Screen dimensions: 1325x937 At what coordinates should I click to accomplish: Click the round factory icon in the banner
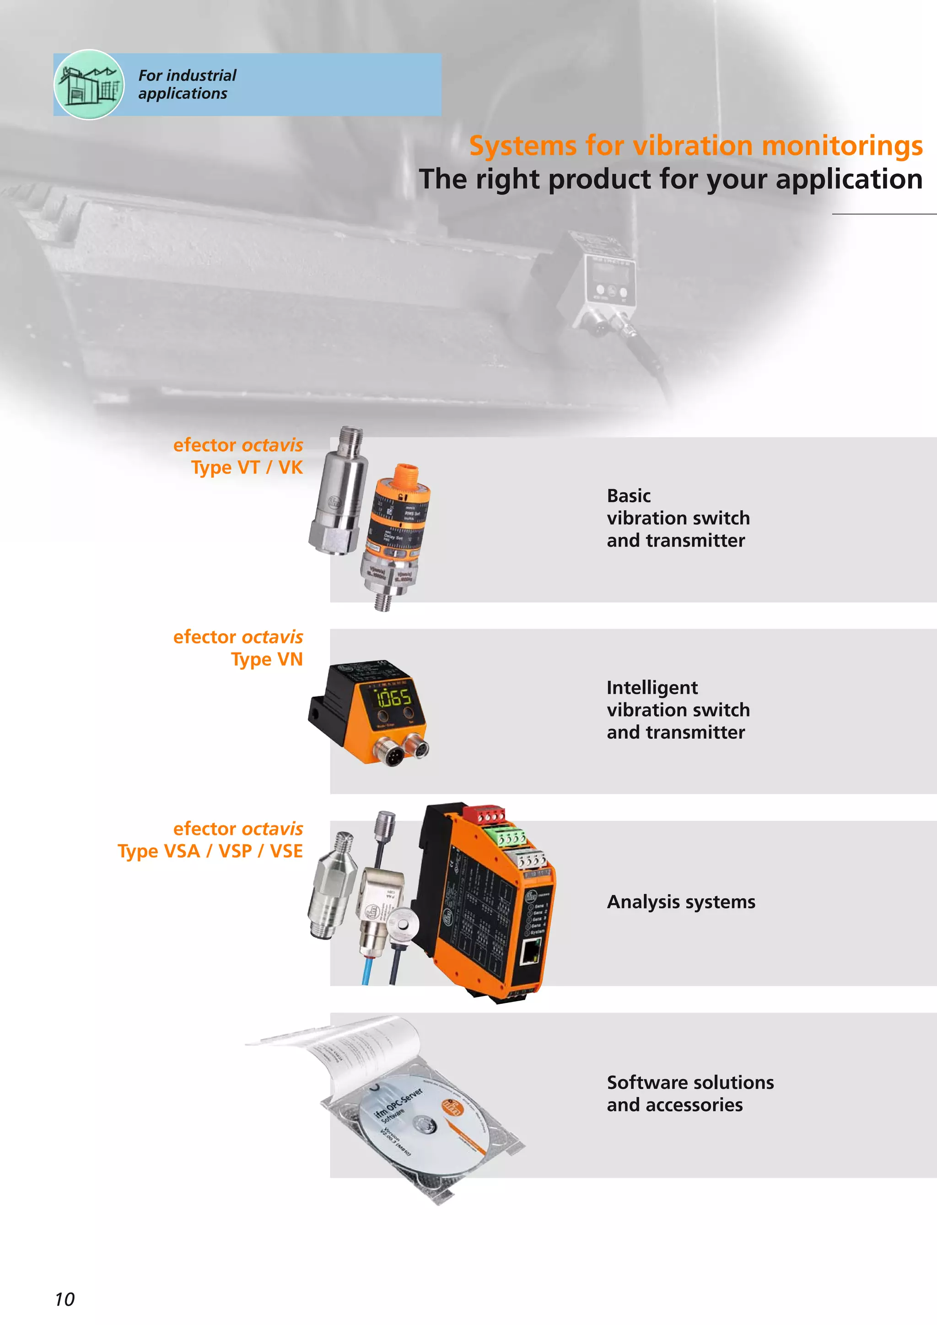tap(89, 85)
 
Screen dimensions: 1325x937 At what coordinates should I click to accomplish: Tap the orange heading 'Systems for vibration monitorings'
tap(695, 145)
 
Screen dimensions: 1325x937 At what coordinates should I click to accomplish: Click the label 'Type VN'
tap(267, 659)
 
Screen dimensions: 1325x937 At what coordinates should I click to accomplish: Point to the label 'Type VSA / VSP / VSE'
tap(210, 851)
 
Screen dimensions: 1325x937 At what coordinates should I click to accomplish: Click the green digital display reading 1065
tap(394, 698)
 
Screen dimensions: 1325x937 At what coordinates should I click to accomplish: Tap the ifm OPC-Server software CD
tap(425, 1122)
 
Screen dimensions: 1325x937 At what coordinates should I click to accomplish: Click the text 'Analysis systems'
tap(681, 902)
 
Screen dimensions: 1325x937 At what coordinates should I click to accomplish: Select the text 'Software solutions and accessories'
tap(690, 1093)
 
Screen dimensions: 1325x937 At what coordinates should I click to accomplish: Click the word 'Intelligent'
tap(652, 687)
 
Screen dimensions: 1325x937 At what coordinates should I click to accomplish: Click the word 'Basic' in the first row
tap(628, 496)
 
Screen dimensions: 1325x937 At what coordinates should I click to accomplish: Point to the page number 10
tap(65, 1299)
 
